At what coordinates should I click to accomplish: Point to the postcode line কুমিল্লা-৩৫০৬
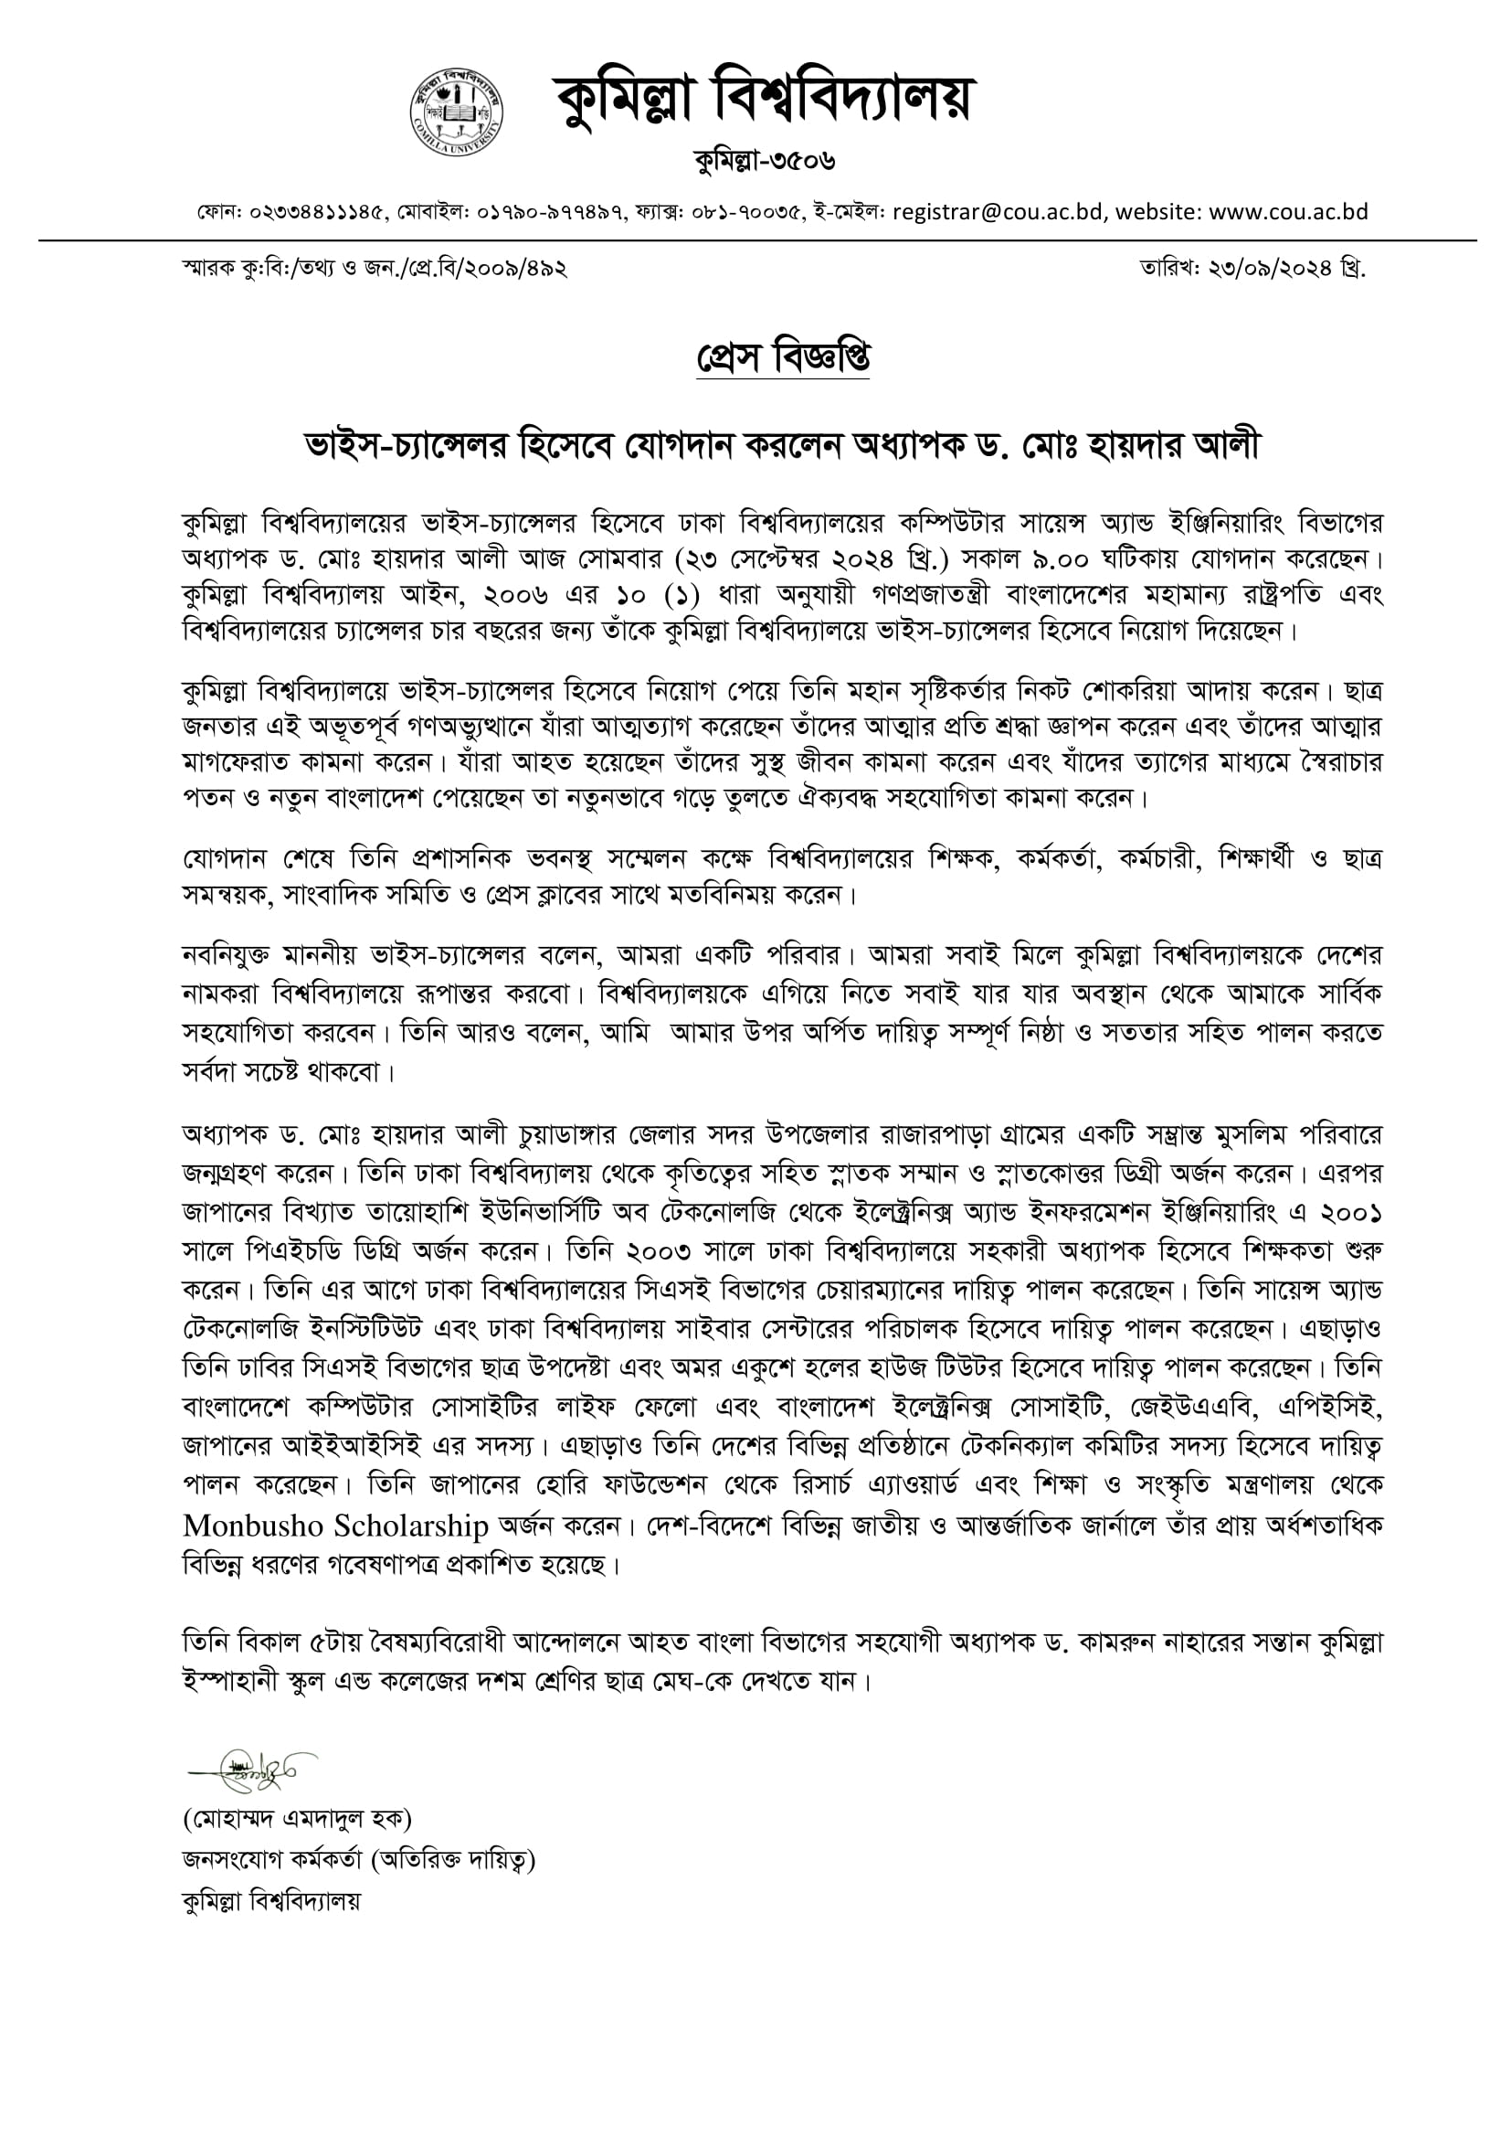(764, 162)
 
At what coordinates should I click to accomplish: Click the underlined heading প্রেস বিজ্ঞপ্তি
(783, 357)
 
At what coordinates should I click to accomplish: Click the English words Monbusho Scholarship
(336, 1526)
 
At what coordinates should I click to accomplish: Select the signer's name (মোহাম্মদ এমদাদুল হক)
(297, 1818)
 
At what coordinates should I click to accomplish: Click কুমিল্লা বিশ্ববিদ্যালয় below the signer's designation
(270, 1899)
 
